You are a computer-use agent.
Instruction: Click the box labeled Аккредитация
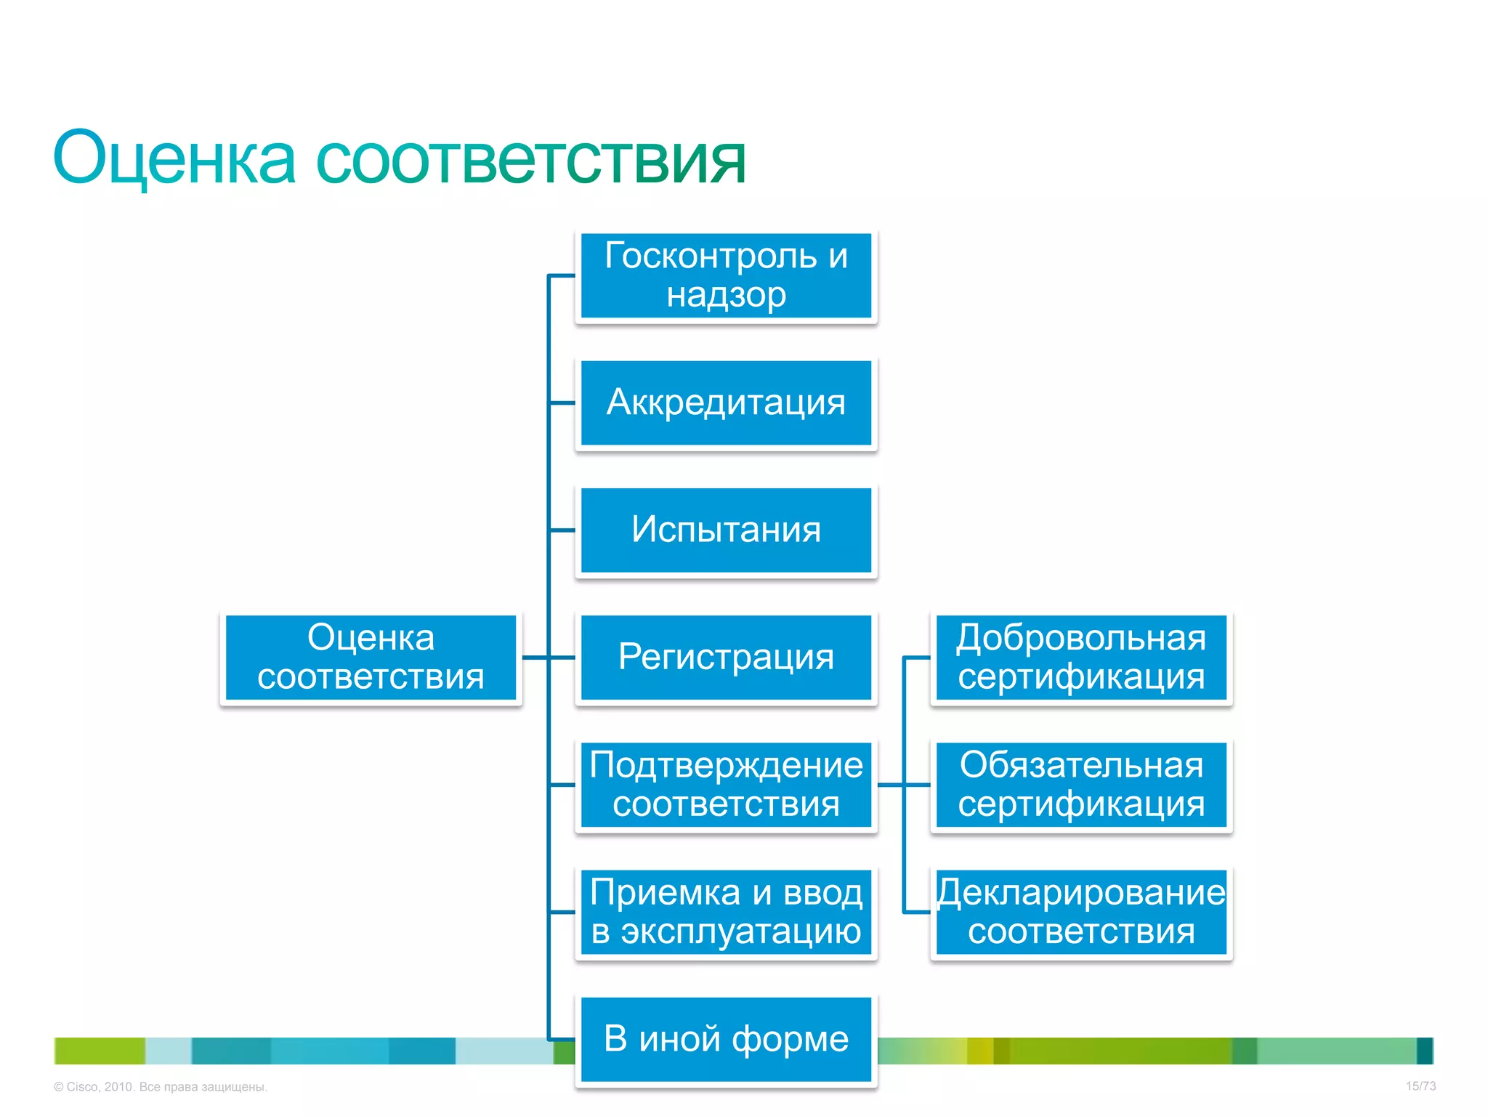726,403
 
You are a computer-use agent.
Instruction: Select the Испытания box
726,530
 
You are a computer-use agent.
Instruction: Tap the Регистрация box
726,657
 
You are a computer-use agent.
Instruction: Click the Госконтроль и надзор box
726,275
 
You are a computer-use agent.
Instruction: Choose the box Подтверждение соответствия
726,785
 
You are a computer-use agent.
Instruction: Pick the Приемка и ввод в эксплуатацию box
726,912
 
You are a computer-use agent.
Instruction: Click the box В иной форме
726,1039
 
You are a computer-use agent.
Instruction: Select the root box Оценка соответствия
371,657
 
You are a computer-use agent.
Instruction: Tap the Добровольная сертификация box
1080,657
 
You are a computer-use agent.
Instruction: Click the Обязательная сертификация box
1080,785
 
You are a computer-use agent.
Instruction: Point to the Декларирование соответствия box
1080,912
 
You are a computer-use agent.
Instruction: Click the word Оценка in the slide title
174,158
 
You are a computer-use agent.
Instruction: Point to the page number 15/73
1420,1086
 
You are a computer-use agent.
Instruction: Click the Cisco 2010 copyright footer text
161,1087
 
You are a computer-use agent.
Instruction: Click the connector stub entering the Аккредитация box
562,403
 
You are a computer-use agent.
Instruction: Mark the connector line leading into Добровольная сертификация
917,658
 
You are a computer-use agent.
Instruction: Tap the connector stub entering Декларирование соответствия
917,912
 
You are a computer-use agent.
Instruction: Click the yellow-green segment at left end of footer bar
100,1051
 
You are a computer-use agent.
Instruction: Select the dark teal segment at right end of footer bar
1425,1051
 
